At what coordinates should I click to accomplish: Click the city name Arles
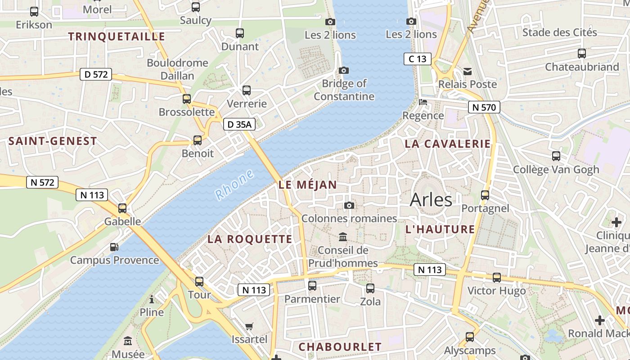coord(431,199)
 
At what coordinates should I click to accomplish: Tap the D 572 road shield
coord(96,74)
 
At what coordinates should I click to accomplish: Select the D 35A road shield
coord(239,125)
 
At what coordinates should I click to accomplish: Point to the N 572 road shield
coord(42,182)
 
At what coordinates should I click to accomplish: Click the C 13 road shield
coord(417,58)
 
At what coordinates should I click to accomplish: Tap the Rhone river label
coord(234,185)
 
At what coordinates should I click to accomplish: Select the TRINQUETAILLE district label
coord(117,36)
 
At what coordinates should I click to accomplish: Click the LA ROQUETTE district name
coord(250,239)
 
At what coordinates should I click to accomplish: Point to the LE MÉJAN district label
coord(307,184)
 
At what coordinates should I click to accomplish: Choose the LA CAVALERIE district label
coord(448,144)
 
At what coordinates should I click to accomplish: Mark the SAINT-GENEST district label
coord(53,141)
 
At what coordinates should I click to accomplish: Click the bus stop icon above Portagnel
coord(485,195)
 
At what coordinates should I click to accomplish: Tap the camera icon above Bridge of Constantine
coord(344,70)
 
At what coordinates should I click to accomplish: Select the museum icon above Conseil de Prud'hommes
coord(343,237)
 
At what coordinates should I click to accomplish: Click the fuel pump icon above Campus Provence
coord(114,247)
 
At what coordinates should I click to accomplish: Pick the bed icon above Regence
coord(423,102)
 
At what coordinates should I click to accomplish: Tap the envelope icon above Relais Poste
coord(468,71)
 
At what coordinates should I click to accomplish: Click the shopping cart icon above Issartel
coord(249,326)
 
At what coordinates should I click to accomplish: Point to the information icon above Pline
coord(152,299)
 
